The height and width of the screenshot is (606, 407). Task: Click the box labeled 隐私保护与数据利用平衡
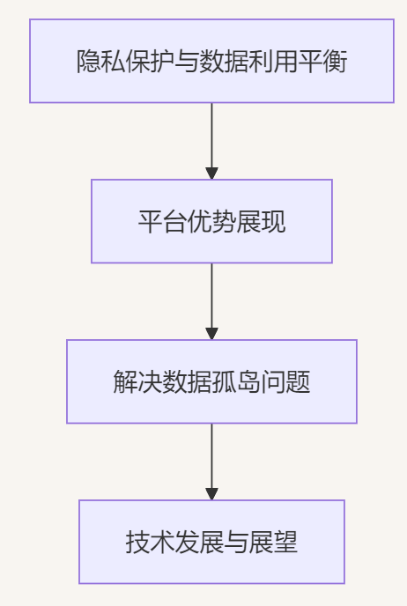tap(211, 62)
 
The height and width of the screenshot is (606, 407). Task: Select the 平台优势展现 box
tap(211, 221)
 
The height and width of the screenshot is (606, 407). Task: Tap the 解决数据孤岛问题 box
tap(211, 381)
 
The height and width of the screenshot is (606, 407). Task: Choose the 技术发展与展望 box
tap(211, 542)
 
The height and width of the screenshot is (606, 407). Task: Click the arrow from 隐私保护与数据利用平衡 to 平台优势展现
tap(211, 137)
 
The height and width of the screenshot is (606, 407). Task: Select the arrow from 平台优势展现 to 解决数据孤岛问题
tap(211, 297)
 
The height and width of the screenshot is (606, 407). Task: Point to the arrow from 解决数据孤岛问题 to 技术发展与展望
tap(211, 457)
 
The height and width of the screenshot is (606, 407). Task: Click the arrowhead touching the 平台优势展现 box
tap(211, 173)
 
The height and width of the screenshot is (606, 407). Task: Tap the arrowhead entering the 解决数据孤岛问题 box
tap(211, 333)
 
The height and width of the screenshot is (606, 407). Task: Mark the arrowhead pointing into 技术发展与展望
tap(211, 493)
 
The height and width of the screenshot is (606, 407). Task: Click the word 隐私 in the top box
tap(100, 63)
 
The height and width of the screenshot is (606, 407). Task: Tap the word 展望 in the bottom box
tap(273, 543)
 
